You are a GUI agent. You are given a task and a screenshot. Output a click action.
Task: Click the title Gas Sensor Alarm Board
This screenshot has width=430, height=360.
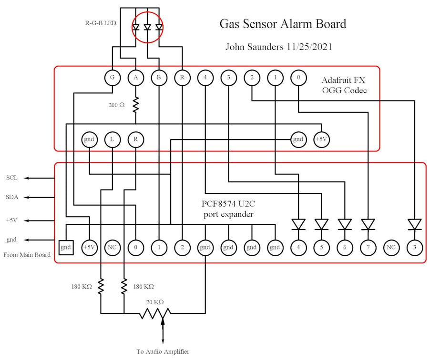[x=282, y=24]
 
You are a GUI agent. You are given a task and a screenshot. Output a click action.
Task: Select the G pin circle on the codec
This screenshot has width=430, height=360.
[x=112, y=77]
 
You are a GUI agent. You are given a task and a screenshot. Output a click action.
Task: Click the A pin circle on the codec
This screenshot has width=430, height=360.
[x=136, y=77]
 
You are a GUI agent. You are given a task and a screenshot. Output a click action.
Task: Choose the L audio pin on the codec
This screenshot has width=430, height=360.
[x=112, y=140]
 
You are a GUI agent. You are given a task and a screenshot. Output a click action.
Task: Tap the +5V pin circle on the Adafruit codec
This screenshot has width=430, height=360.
[x=322, y=140]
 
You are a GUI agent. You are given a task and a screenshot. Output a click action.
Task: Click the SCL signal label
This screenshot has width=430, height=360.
[x=12, y=178]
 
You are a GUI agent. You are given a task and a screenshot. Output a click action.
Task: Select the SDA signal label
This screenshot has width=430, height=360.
[x=12, y=197]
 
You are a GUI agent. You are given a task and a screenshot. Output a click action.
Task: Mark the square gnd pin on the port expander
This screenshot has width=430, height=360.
[x=66, y=248]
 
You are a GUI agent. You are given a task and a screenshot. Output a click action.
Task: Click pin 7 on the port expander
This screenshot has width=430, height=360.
[x=368, y=248]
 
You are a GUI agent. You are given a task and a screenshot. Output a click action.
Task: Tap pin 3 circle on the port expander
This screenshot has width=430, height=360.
[x=415, y=248]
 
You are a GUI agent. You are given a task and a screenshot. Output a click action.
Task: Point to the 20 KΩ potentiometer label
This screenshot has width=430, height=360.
[x=155, y=302]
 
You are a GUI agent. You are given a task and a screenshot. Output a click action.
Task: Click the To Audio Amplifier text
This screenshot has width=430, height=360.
[x=163, y=352]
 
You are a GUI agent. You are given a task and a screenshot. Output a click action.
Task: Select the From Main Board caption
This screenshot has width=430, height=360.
[x=27, y=255]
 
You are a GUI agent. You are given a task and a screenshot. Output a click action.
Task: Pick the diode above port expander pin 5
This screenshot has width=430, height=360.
[x=322, y=224]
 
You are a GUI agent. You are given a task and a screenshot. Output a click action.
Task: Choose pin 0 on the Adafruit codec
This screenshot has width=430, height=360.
[x=298, y=77]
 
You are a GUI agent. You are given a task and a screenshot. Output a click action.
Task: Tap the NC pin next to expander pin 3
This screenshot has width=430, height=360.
[x=391, y=248]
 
